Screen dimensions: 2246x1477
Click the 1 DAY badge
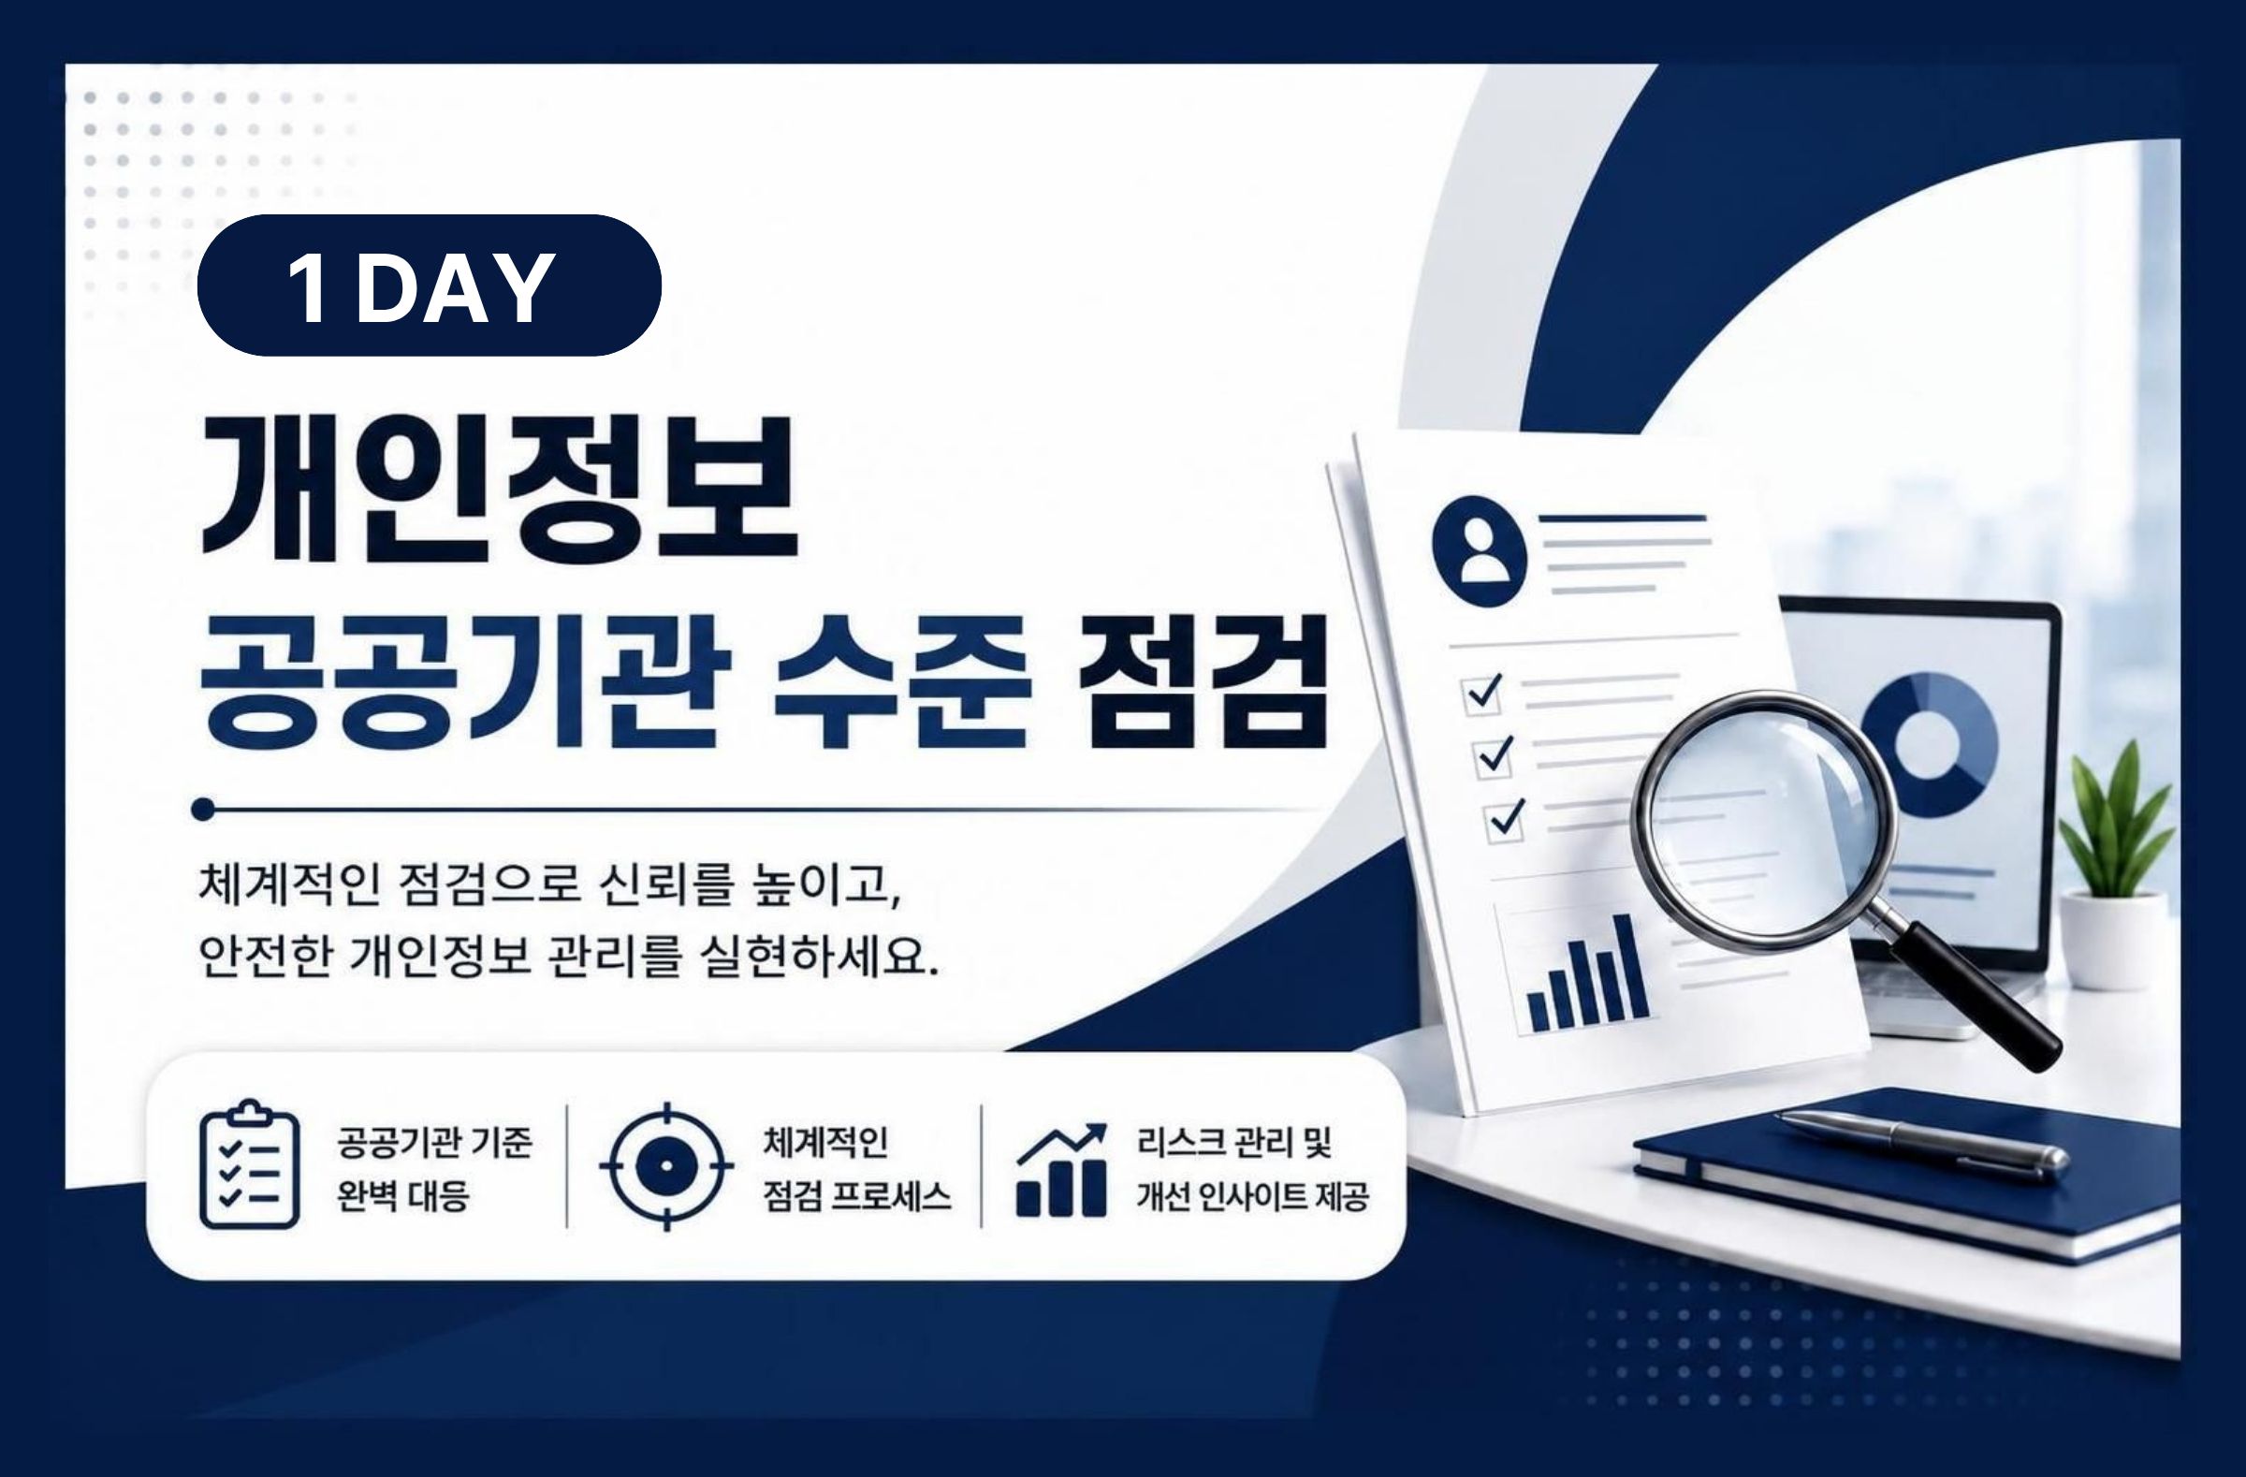[429, 285]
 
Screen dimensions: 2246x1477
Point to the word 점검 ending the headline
[1203, 681]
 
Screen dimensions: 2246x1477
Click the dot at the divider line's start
[203, 809]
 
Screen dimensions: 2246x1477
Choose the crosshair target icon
[666, 1166]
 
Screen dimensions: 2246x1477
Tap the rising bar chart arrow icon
[1060, 1169]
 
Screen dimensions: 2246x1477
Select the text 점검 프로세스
[857, 1197]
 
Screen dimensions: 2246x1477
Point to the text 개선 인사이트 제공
[1252, 1197]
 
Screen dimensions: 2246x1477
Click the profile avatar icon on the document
[1479, 551]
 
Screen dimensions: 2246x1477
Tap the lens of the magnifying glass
[1764, 820]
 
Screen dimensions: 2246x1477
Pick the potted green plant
[2115, 864]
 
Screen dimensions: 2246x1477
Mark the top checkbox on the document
[1482, 695]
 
